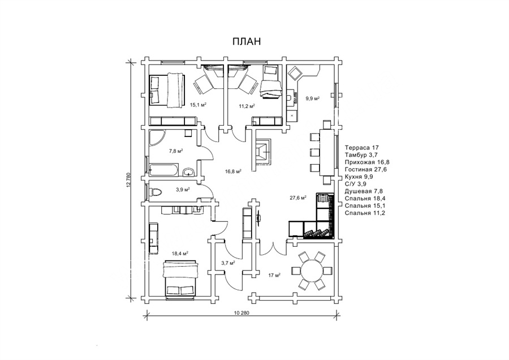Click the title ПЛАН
click(247, 41)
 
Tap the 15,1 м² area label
click(199, 105)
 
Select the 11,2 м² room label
click(247, 106)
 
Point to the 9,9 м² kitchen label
click(313, 98)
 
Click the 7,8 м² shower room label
click(176, 151)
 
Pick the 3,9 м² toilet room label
click(183, 190)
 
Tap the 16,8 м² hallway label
click(234, 172)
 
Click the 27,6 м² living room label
click(298, 197)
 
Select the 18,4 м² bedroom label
click(180, 253)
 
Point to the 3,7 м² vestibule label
click(228, 263)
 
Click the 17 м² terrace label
click(274, 275)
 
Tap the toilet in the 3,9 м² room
click(154, 192)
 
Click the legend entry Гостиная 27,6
click(366, 169)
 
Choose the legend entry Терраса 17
click(361, 148)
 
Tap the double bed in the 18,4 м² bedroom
click(181, 279)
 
